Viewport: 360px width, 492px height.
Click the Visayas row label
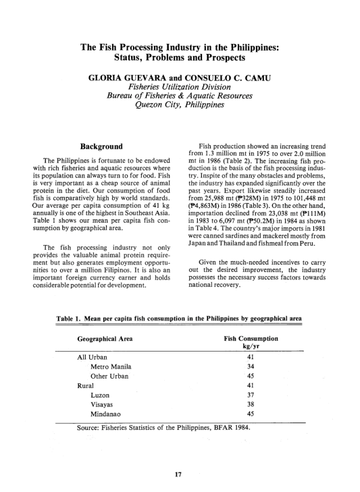click(x=105, y=404)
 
